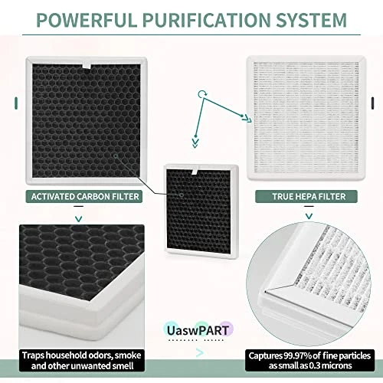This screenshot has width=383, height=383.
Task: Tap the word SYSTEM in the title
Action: (x=312, y=20)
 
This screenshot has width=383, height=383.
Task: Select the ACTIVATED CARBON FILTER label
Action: (x=84, y=197)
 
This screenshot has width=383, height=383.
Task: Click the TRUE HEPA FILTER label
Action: (x=306, y=197)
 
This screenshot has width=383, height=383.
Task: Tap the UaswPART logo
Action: (x=198, y=330)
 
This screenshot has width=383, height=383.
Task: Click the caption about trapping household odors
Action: (x=82, y=361)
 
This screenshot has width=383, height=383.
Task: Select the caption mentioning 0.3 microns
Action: (x=309, y=361)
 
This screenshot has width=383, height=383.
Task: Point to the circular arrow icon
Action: (x=201, y=93)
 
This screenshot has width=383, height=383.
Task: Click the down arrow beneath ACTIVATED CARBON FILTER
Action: (x=79, y=219)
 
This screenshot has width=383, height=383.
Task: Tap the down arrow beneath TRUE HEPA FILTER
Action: (x=309, y=217)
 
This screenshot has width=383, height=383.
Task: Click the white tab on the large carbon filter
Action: (x=87, y=66)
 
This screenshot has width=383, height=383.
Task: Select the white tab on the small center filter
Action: (x=195, y=172)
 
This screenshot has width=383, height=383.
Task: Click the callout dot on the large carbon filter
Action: (x=116, y=155)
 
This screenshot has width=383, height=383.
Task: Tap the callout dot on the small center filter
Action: (x=182, y=195)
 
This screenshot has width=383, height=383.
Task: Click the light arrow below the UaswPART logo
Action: (x=200, y=353)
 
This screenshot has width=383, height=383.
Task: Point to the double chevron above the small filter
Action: (x=195, y=143)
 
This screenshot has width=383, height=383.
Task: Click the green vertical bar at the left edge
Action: (x=16, y=103)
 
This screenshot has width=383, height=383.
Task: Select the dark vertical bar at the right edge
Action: (x=372, y=103)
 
